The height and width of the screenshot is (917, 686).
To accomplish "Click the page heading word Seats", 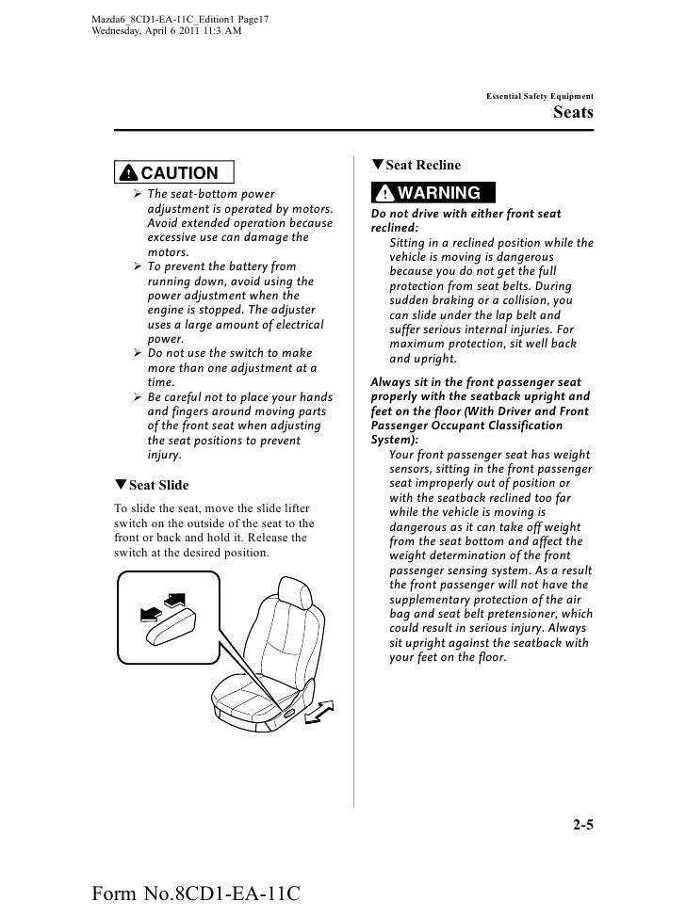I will point(573,113).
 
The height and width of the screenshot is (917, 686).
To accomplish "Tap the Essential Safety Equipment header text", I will point(539,96).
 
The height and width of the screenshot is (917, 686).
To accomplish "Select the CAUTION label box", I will point(174,172).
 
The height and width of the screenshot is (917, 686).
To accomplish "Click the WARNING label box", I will point(426,193).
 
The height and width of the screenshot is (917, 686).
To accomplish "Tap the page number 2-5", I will point(582,827).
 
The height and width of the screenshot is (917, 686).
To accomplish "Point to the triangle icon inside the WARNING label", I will point(383,194).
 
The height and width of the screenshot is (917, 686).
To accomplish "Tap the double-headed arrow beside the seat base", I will point(320,713).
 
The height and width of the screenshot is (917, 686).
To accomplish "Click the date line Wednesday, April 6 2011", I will point(167,30).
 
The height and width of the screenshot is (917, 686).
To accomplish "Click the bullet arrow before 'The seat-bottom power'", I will point(138,194).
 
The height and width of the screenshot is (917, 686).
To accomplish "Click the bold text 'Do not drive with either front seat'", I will point(466,215).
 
